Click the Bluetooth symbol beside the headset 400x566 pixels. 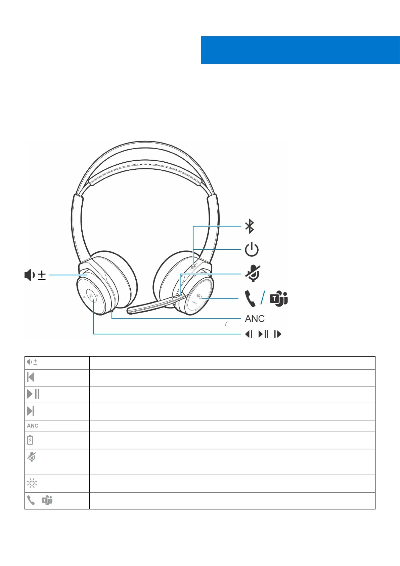250,226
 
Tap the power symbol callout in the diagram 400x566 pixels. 252,250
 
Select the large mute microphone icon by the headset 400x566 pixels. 253,273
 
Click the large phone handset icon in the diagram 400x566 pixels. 250,298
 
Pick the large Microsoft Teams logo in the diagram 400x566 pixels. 279,298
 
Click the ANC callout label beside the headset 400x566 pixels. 255,319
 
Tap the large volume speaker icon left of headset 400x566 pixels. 30,275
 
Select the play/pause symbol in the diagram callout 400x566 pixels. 263,334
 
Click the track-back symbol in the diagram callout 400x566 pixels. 249,334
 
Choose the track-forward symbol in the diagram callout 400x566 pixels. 278,334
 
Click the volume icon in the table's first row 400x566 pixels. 32,362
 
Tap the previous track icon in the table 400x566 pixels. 31,377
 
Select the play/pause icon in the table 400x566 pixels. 33,394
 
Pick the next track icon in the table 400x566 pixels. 31,411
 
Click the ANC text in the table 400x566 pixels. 33,426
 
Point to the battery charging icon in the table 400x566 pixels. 30,440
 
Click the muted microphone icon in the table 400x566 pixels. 32,457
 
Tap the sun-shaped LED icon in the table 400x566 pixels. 32,483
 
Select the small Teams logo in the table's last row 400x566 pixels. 47,500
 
